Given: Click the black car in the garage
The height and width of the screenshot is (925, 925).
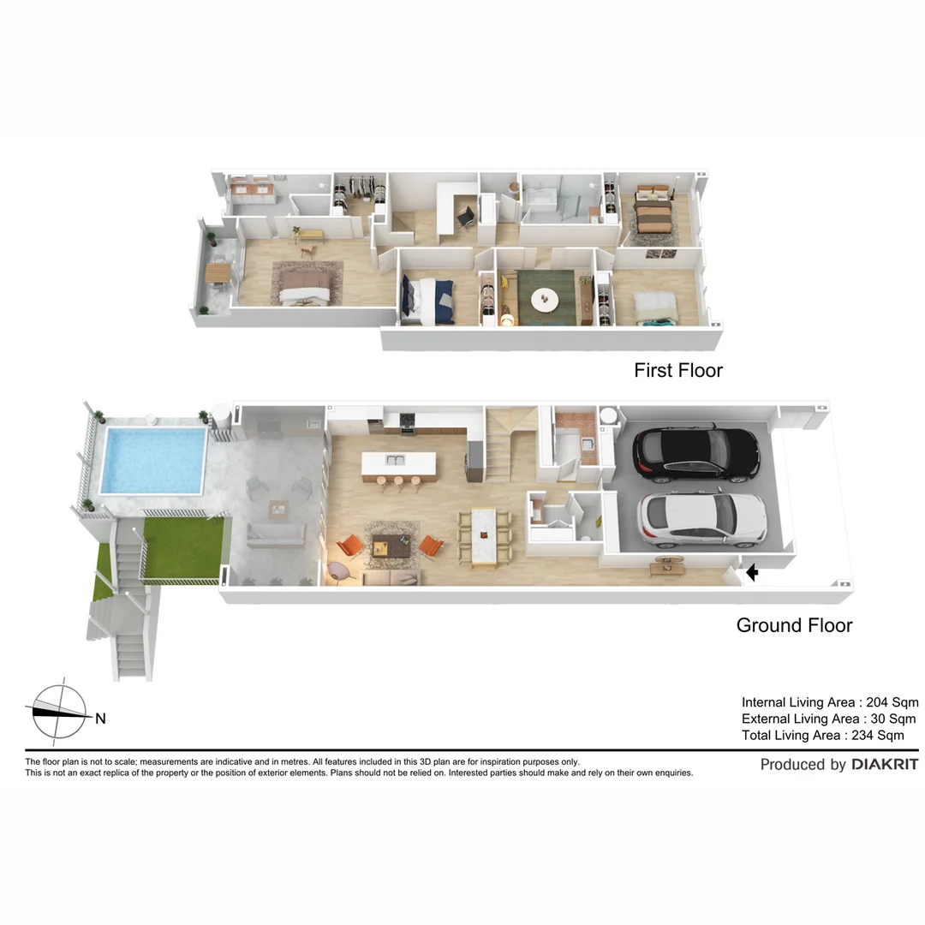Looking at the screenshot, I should (695, 453).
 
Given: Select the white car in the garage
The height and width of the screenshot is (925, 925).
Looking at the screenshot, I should (702, 519).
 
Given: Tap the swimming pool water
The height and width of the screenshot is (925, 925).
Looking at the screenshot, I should (153, 460).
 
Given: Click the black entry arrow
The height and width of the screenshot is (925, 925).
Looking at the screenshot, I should (752, 572).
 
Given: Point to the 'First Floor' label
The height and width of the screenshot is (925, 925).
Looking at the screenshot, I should (677, 370).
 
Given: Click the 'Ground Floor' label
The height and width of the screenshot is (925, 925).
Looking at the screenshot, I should (794, 625).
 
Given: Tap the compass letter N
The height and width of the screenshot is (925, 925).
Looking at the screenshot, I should (100, 719).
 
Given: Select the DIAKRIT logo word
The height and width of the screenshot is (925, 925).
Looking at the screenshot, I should (885, 764).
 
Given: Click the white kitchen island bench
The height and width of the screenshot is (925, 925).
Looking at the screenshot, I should (397, 463).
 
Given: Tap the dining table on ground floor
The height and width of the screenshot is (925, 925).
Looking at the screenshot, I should (484, 535).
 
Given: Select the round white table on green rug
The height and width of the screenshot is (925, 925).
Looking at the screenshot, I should (544, 300).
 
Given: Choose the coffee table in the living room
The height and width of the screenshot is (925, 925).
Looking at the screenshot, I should (392, 545).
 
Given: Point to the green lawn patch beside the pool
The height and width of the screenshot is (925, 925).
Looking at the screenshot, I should (182, 546).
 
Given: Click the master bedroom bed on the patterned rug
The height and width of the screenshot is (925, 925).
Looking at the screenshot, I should (305, 288).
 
